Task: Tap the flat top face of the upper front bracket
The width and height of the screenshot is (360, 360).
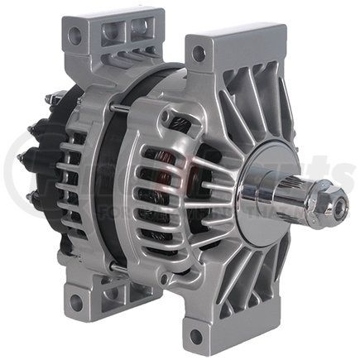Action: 232,36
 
